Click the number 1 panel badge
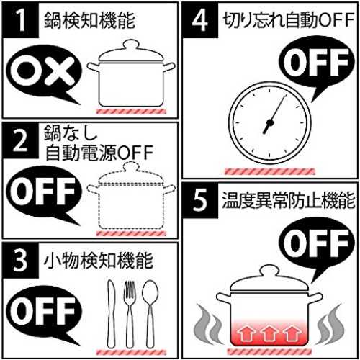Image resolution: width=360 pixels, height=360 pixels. pos(21,20)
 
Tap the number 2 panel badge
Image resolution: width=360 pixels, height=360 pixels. pos(21,140)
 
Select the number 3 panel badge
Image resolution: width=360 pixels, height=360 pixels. pos(21,260)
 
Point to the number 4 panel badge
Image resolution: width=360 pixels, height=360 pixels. pos(200,20)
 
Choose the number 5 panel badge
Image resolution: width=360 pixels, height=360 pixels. pos(200,200)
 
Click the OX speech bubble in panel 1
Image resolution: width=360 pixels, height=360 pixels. pos(43,72)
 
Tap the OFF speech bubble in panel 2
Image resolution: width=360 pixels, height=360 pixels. pos(43,193)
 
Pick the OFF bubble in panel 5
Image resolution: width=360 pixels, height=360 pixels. pos(316,243)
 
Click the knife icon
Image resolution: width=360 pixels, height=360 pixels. pos(111,314)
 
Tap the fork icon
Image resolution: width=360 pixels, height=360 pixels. pos(130,315)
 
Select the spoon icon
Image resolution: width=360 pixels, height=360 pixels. pos(150,314)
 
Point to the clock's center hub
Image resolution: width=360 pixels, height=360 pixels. pos(270,123)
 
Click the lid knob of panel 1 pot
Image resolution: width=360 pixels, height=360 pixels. pos(131,45)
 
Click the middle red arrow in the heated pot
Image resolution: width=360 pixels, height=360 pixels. pos(269,333)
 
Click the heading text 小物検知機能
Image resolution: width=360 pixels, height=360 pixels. pos(98,261)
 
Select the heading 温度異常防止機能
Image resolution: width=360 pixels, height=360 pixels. pos(288,200)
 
